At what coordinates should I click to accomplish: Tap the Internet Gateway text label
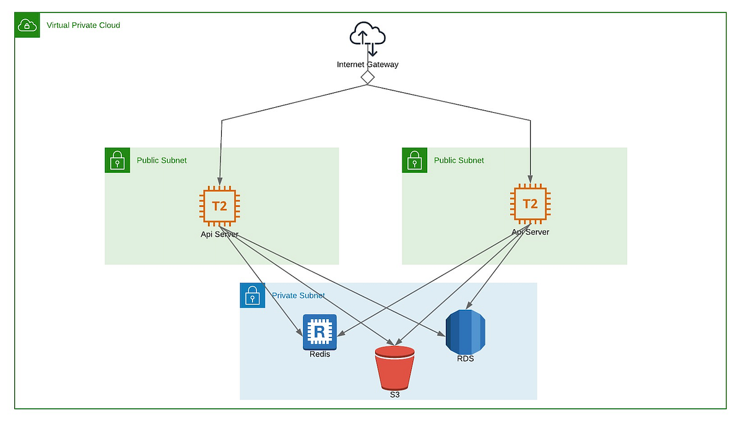[368, 64]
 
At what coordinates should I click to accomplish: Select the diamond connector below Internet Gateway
[368, 77]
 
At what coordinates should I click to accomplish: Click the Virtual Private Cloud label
[84, 25]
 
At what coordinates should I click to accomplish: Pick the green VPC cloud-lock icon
[27, 25]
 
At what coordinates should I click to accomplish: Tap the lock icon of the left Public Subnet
[117, 160]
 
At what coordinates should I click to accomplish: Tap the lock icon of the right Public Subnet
[414, 160]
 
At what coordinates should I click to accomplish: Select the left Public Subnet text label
[162, 160]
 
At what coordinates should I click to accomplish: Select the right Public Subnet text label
[459, 160]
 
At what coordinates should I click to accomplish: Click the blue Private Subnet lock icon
[252, 295]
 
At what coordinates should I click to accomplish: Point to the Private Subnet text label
[298, 296]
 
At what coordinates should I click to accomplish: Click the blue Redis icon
[319, 332]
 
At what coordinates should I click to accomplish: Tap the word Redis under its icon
[319, 354]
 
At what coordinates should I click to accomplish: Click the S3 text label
[394, 394]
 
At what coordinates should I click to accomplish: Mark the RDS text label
[465, 358]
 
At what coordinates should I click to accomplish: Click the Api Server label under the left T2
[219, 234]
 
